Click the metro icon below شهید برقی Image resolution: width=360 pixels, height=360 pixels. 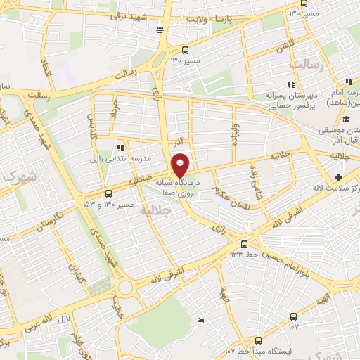pos(161,30)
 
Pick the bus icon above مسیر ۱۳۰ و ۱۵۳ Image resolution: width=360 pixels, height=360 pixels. pos(108,193)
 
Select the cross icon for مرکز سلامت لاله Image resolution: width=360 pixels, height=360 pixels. pos(338,176)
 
